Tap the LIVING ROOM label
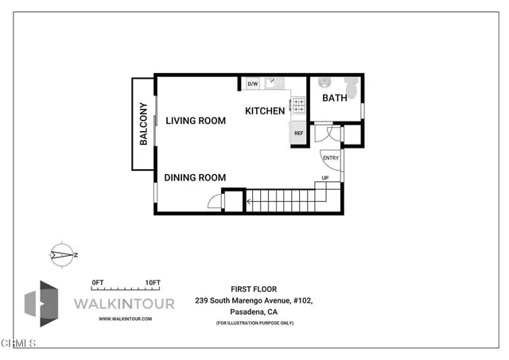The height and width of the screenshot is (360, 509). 196,121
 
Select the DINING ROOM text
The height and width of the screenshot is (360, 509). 196,178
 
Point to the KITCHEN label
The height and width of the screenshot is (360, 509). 265,111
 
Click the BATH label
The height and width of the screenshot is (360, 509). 334,98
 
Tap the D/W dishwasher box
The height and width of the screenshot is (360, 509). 253,83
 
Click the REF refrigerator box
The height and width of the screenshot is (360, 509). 299,134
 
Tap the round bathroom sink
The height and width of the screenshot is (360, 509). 324,83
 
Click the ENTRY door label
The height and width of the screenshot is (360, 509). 331,157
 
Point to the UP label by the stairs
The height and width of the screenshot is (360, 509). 324,178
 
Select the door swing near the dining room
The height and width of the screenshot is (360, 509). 214,202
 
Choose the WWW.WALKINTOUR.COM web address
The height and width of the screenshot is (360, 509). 125,318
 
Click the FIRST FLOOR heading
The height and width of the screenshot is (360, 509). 249,290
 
